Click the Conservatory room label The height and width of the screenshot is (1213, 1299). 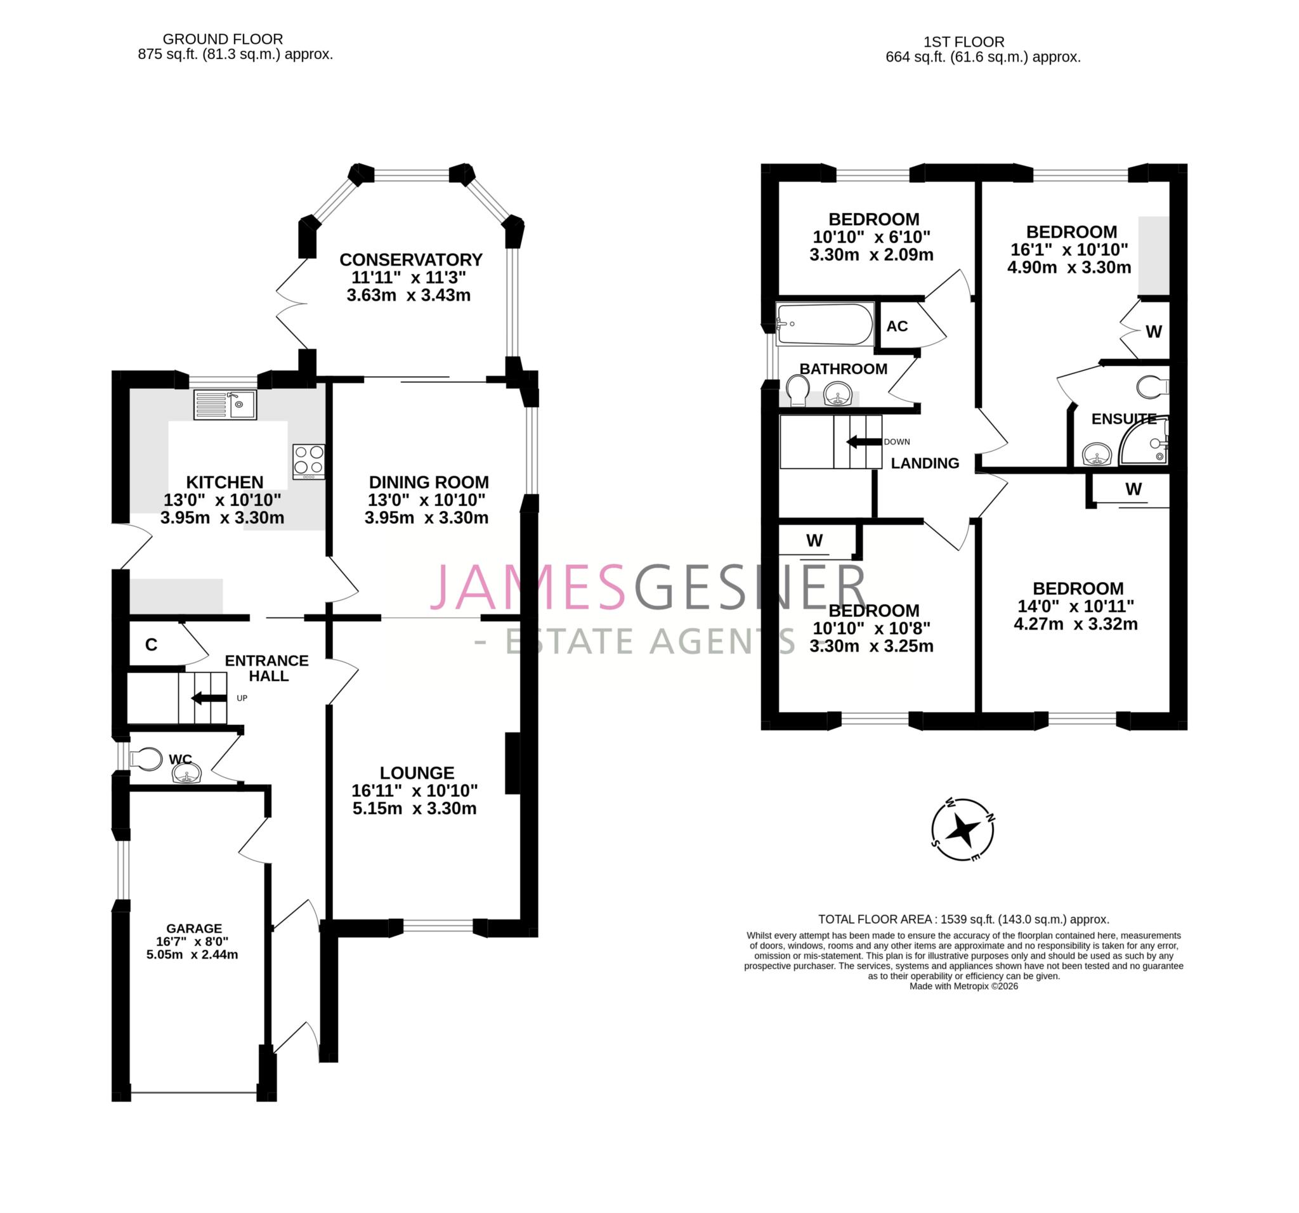tap(410, 259)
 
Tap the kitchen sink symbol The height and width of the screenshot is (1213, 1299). tap(225, 405)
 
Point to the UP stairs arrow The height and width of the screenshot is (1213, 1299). tap(209, 698)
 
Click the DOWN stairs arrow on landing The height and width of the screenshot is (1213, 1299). tap(864, 442)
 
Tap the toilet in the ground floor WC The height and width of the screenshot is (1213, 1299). tap(147, 759)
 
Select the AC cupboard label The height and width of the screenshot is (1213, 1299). tap(896, 326)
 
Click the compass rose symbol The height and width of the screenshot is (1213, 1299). tap(962, 830)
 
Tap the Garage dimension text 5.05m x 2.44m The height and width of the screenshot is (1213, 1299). tap(192, 954)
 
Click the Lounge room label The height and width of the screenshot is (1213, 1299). tap(417, 773)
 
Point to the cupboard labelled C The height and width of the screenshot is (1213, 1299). tap(152, 645)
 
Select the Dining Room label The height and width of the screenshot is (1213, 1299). tap(429, 482)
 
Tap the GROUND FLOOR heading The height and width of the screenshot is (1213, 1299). tap(223, 39)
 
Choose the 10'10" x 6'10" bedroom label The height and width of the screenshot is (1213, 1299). tap(873, 219)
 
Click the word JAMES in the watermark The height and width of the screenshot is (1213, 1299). tap(526, 587)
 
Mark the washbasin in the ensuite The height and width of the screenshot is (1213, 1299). tap(1097, 453)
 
